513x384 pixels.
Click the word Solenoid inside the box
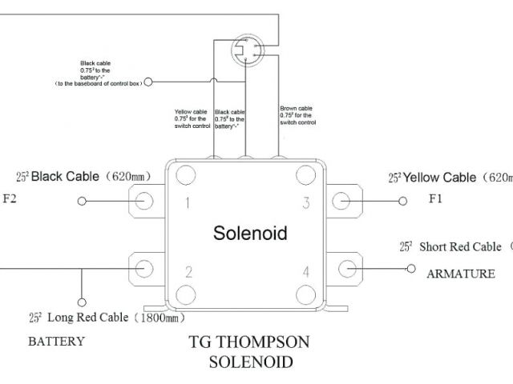[249, 234]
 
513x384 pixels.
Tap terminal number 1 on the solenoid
[187, 202]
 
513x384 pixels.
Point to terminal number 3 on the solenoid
[305, 202]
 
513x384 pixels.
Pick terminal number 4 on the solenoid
[305, 272]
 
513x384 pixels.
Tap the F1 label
[434, 198]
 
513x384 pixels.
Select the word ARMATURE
[460, 274]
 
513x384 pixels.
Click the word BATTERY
[56, 342]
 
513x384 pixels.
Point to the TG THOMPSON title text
[248, 342]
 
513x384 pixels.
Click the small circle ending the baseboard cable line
[147, 82]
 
